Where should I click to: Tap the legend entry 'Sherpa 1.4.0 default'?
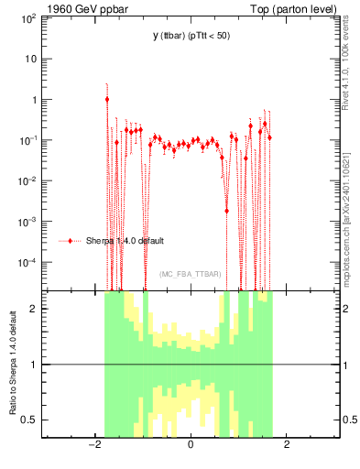(126, 241)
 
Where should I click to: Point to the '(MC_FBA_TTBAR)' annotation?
(190, 274)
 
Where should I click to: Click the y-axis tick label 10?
(31, 59)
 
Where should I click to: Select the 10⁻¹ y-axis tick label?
(28, 140)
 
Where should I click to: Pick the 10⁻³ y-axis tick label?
(28, 221)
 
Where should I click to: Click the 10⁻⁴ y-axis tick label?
(28, 262)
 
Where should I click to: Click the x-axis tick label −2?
(93, 446)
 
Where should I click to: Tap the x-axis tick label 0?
(191, 446)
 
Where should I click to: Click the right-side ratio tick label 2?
(348, 309)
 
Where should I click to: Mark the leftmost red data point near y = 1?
(107, 99)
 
